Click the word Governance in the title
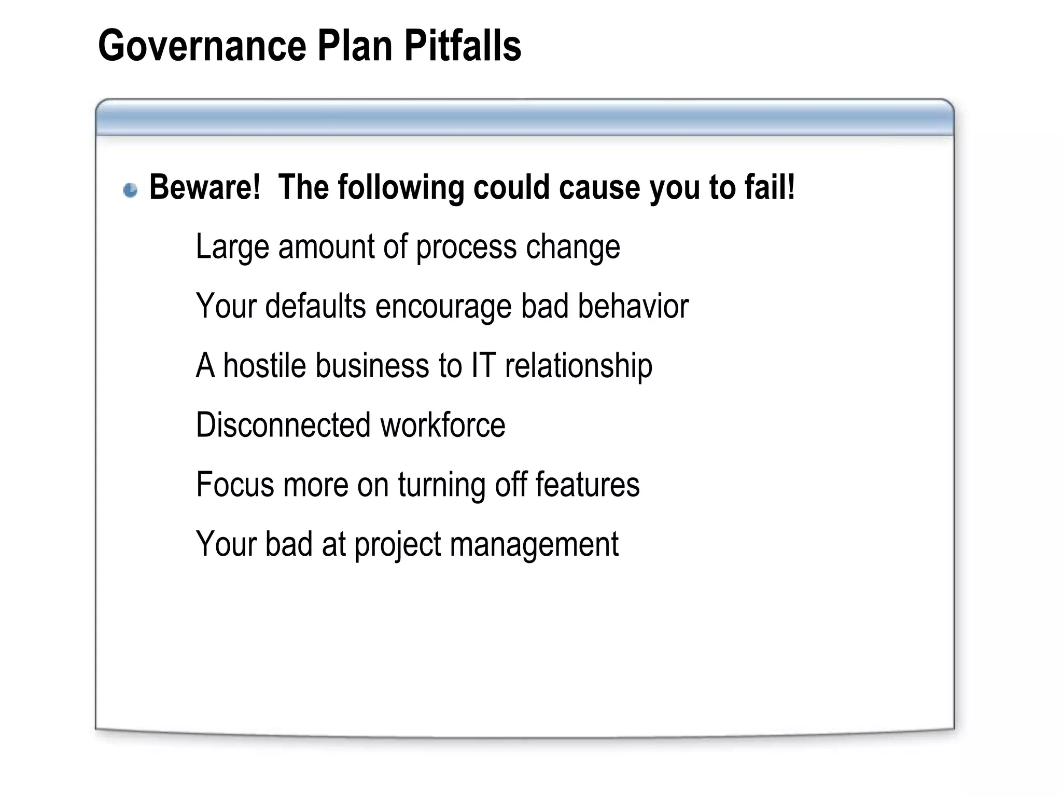tap(202, 46)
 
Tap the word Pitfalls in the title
tap(463, 46)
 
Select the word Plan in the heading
tap(355, 46)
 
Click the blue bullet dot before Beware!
tap(131, 190)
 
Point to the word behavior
tap(633, 306)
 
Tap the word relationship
tap(579, 366)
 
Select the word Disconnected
tap(284, 425)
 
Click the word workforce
tap(443, 425)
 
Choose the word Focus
tap(235, 485)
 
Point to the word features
tap(587, 485)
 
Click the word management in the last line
tap(534, 545)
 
